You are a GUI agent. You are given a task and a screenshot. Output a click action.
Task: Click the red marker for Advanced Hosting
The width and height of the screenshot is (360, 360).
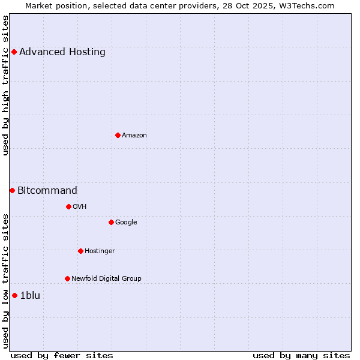tap(14, 52)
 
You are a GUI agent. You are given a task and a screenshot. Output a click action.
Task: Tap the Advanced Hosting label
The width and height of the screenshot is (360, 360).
tap(62, 52)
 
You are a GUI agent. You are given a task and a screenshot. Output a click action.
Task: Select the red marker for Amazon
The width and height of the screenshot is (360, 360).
tap(118, 135)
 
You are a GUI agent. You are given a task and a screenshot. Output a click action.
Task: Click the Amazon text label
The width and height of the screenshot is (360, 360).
tap(134, 135)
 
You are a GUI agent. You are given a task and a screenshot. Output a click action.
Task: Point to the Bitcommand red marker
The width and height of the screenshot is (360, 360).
tap(12, 190)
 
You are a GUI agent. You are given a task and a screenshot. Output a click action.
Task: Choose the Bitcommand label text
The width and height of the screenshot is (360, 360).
tap(47, 191)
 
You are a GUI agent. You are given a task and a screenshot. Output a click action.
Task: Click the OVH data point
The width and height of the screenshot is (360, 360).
tap(68, 206)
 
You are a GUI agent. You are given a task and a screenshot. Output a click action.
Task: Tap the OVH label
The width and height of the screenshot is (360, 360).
tap(80, 206)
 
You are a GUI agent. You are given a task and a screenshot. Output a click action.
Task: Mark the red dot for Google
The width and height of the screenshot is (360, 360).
tap(111, 222)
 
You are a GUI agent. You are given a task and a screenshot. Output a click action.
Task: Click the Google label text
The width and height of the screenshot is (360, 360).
tap(126, 222)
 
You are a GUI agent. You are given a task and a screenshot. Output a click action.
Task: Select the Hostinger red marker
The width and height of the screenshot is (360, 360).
tap(80, 251)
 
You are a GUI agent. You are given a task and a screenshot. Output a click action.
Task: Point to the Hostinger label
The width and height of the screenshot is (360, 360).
tap(100, 251)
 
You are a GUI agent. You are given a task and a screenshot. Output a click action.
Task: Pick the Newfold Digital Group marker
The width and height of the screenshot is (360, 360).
tap(67, 278)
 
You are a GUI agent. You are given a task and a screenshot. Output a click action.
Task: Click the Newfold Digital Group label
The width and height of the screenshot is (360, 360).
tap(106, 278)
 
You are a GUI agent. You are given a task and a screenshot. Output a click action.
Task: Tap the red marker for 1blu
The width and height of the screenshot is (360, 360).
tap(14, 295)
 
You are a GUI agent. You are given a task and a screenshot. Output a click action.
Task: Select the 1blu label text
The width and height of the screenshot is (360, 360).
tap(30, 295)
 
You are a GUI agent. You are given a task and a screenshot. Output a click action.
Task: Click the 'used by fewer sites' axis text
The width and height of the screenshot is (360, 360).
tap(62, 355)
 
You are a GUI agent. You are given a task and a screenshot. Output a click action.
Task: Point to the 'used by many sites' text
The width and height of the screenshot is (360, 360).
tap(301, 355)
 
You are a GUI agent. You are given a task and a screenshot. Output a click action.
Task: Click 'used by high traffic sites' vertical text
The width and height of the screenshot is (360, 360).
tap(6, 85)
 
